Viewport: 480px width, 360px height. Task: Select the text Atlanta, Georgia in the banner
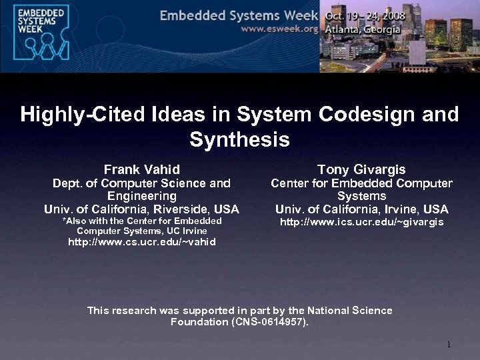[362, 30]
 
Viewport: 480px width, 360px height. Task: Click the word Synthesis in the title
[239, 140]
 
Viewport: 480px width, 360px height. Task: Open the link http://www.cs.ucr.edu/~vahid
[142, 242]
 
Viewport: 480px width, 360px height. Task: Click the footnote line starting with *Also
[141, 221]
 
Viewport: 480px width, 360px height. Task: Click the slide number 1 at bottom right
[449, 345]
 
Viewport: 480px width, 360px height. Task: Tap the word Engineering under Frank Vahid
[141, 196]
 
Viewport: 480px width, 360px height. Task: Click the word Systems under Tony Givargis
[361, 196]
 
